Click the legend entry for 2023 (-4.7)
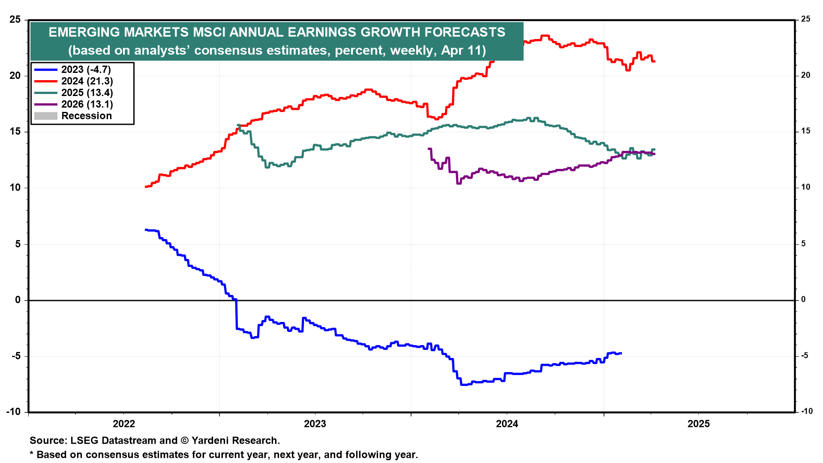pyautogui.click(x=86, y=69)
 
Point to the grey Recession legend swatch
pyautogui.click(x=45, y=116)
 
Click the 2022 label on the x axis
pyautogui.click(x=123, y=424)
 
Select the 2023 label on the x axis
pyautogui.click(x=315, y=424)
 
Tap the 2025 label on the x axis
pyautogui.click(x=699, y=424)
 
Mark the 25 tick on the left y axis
pyautogui.click(x=15, y=19)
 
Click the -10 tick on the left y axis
pyautogui.click(x=13, y=412)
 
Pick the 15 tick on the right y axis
pyautogui.click(x=806, y=131)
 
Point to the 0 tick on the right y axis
pyautogui.click(x=804, y=300)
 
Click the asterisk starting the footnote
pyautogui.click(x=31, y=454)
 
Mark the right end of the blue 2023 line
pyautogui.click(x=621, y=353)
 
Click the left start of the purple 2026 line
pyautogui.click(x=429, y=149)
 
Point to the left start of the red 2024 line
pyautogui.click(x=146, y=187)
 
